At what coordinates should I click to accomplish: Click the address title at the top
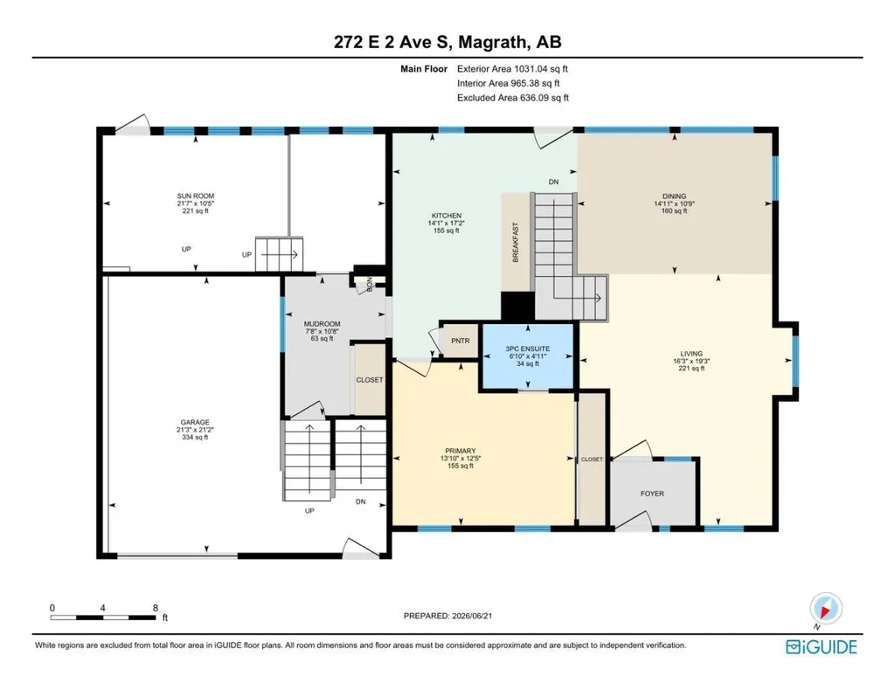(x=447, y=42)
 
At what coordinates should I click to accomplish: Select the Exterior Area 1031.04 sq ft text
(x=512, y=69)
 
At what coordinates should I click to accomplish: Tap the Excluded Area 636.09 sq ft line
(x=513, y=98)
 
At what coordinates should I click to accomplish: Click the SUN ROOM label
(x=195, y=197)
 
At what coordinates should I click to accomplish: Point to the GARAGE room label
(x=195, y=423)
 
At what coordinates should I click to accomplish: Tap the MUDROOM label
(x=322, y=324)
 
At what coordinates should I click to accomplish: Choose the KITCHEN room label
(x=447, y=216)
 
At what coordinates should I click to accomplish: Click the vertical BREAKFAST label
(x=516, y=242)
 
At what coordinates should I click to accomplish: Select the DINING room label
(x=674, y=197)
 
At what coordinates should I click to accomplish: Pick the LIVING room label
(x=691, y=354)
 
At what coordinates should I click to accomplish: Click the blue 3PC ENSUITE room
(x=528, y=356)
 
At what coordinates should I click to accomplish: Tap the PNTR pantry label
(x=460, y=341)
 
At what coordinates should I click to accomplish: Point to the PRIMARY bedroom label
(x=461, y=451)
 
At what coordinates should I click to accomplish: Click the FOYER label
(x=652, y=493)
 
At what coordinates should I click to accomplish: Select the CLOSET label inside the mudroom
(x=370, y=380)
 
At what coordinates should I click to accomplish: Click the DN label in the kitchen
(x=553, y=182)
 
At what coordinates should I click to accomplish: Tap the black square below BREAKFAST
(x=517, y=307)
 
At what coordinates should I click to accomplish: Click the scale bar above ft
(x=103, y=618)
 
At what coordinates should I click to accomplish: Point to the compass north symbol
(x=825, y=609)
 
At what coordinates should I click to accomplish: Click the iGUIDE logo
(x=822, y=646)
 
